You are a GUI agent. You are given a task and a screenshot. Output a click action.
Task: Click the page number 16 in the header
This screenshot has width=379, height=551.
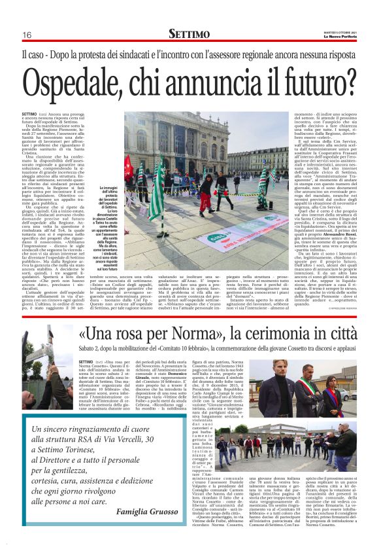27,35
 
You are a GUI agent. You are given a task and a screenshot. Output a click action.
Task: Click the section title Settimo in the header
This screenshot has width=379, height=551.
189,34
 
